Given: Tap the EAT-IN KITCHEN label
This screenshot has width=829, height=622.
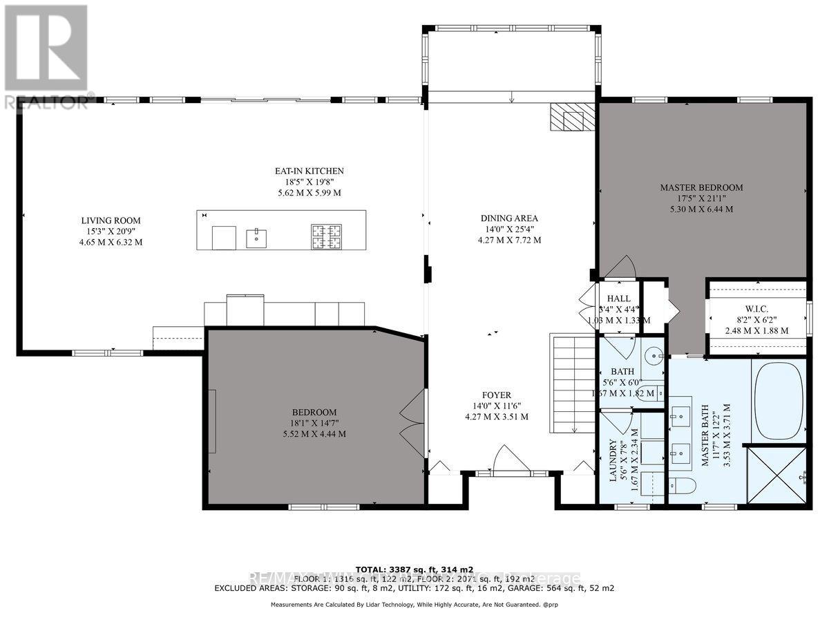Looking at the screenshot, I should click(307, 171).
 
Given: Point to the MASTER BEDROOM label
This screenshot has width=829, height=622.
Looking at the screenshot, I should click(701, 187).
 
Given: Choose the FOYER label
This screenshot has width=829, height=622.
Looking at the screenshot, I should click(497, 396).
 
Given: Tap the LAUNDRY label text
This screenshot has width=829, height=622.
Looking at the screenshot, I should click(613, 464).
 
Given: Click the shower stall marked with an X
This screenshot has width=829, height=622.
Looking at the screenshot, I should click(777, 478).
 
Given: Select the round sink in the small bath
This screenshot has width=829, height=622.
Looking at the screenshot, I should click(652, 357).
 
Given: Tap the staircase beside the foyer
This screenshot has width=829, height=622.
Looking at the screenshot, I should click(572, 384).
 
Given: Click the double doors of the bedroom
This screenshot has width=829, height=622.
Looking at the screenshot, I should click(412, 422).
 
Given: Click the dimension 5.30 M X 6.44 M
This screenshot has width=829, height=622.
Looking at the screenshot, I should click(701, 209).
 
